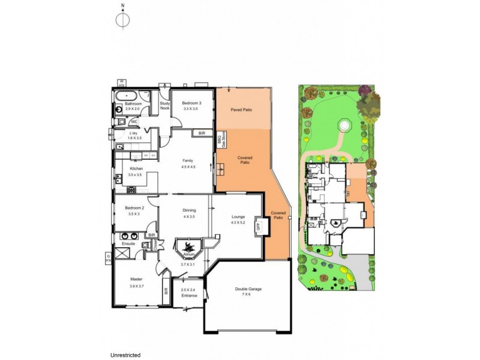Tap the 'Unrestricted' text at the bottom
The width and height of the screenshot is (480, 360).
click(x=125, y=355)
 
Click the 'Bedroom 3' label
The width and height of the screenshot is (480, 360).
click(x=191, y=104)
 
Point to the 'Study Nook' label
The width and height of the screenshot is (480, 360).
click(x=164, y=106)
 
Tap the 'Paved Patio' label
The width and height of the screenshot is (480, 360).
click(x=244, y=110)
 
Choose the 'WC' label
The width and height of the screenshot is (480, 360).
click(x=135, y=121)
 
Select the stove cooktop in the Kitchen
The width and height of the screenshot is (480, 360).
click(x=131, y=190)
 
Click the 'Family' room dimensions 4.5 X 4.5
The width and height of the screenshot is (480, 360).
click(x=188, y=167)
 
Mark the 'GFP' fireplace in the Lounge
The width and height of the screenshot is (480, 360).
click(x=259, y=227)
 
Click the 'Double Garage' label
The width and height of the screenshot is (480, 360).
click(x=248, y=289)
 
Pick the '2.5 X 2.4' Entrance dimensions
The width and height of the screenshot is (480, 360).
click(x=188, y=290)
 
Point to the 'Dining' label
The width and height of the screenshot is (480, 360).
click(x=189, y=211)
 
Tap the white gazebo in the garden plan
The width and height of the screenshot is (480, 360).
click(x=344, y=124)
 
